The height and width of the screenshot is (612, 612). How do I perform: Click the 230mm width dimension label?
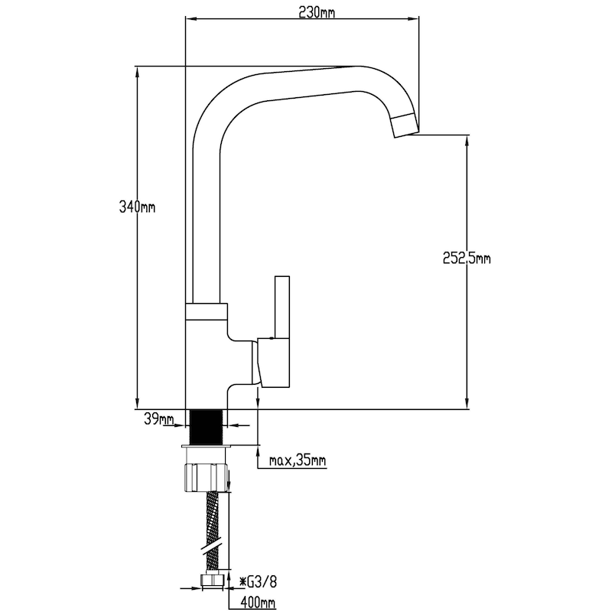[317, 12]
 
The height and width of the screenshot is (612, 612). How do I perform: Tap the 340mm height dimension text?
[137, 207]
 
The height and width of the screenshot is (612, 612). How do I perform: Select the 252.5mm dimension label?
[467, 258]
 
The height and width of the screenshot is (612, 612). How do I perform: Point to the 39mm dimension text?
[159, 419]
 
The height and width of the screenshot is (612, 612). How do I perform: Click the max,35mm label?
[298, 461]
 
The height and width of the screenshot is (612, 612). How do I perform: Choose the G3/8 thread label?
[258, 582]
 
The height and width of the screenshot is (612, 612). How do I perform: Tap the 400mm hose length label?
[258, 603]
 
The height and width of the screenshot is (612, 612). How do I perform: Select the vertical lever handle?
[282, 308]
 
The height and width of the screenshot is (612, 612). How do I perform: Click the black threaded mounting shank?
[207, 427]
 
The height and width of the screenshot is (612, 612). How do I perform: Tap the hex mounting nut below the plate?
[206, 477]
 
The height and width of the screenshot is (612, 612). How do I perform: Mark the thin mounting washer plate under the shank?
[207, 446]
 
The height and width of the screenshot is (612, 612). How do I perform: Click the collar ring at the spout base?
[206, 311]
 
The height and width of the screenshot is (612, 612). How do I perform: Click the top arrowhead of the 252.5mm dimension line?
[467, 141]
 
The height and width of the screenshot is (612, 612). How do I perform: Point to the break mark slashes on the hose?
[213, 545]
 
